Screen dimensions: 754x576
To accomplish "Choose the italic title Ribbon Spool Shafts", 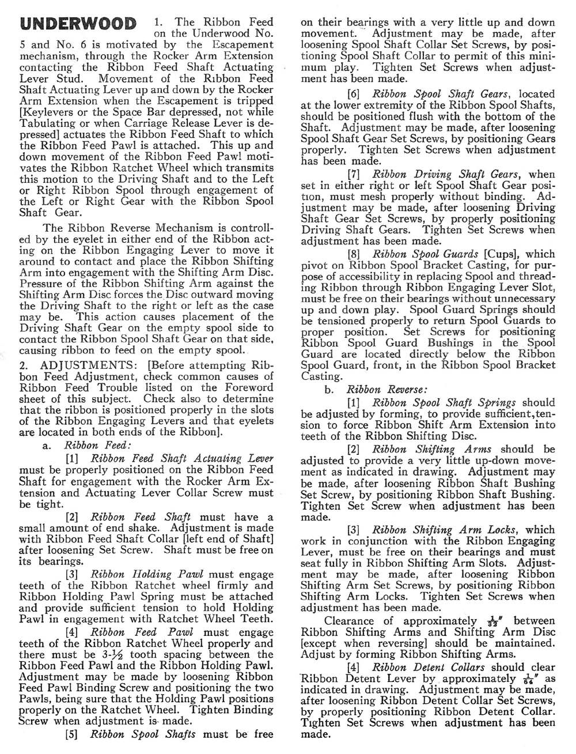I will pos(143,734).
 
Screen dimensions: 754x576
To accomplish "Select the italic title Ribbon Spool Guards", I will pos(426,254).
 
